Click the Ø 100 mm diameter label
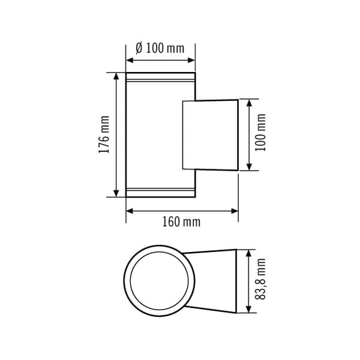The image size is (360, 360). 160,49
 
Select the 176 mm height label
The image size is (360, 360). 104,134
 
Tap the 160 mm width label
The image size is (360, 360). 181,222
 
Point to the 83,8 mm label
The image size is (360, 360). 260,279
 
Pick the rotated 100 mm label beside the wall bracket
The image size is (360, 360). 260,132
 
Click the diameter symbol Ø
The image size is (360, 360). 139,49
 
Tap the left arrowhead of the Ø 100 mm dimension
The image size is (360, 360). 130,61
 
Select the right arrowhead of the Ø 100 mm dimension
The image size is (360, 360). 191,61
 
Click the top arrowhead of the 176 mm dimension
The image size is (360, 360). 116,76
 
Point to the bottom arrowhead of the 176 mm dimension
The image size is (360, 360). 116,193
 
